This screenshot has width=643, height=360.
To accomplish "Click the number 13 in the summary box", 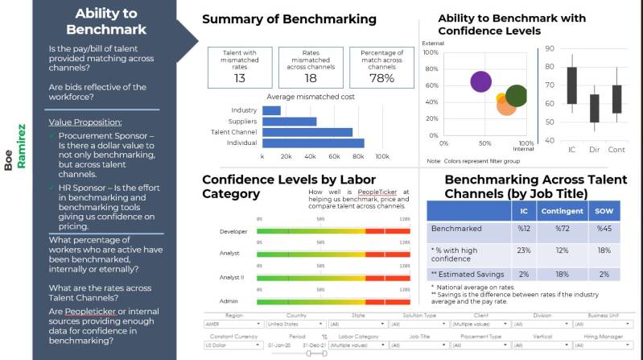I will click(x=240, y=78).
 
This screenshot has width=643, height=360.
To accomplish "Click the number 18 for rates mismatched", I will click(x=311, y=78).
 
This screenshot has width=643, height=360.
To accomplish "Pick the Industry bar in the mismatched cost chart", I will click(x=271, y=110).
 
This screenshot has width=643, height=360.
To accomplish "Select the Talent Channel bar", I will click(x=307, y=132).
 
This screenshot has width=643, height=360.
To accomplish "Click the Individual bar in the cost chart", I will click(x=313, y=143).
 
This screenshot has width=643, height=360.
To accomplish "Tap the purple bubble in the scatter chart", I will click(x=480, y=81).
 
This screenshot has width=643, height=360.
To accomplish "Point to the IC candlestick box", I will click(x=571, y=85).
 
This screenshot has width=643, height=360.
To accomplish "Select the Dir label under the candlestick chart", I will click(x=595, y=150).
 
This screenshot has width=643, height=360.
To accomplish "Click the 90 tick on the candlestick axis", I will click(x=550, y=48).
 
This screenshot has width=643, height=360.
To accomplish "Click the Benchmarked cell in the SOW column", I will click(x=604, y=230).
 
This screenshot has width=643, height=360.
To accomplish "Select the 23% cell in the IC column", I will click(x=524, y=250).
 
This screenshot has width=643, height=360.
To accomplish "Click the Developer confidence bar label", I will click(x=233, y=232).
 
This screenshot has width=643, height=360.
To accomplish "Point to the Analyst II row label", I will click(x=231, y=277).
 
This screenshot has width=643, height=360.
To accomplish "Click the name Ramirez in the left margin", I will click(x=22, y=146).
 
